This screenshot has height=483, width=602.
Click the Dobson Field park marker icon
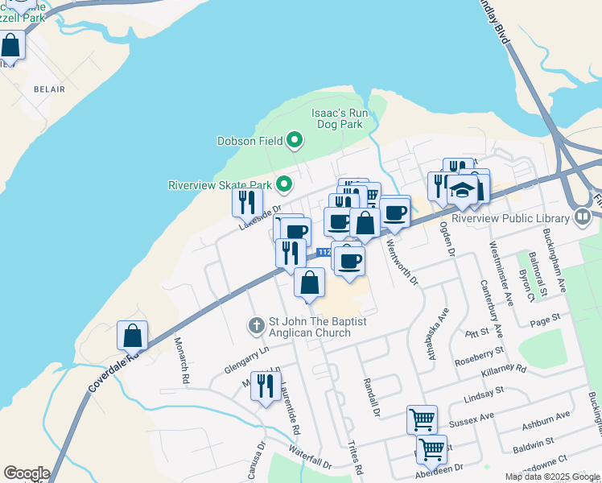[x=295, y=141]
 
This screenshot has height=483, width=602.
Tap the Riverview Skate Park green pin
[x=283, y=185]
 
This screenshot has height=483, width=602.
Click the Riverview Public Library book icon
[x=582, y=217]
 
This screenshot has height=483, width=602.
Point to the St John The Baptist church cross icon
[x=256, y=326]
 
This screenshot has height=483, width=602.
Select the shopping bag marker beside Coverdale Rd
[x=133, y=335]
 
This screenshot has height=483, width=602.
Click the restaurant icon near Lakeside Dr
[x=247, y=202]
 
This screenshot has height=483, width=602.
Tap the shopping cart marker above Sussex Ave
[x=422, y=419]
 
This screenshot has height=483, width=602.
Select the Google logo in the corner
[x=27, y=473]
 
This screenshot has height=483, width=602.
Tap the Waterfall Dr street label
[x=309, y=458]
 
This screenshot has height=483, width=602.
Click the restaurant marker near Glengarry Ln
[x=264, y=386]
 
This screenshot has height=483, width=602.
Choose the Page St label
[x=545, y=320]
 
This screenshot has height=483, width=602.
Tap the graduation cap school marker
[x=462, y=191]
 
